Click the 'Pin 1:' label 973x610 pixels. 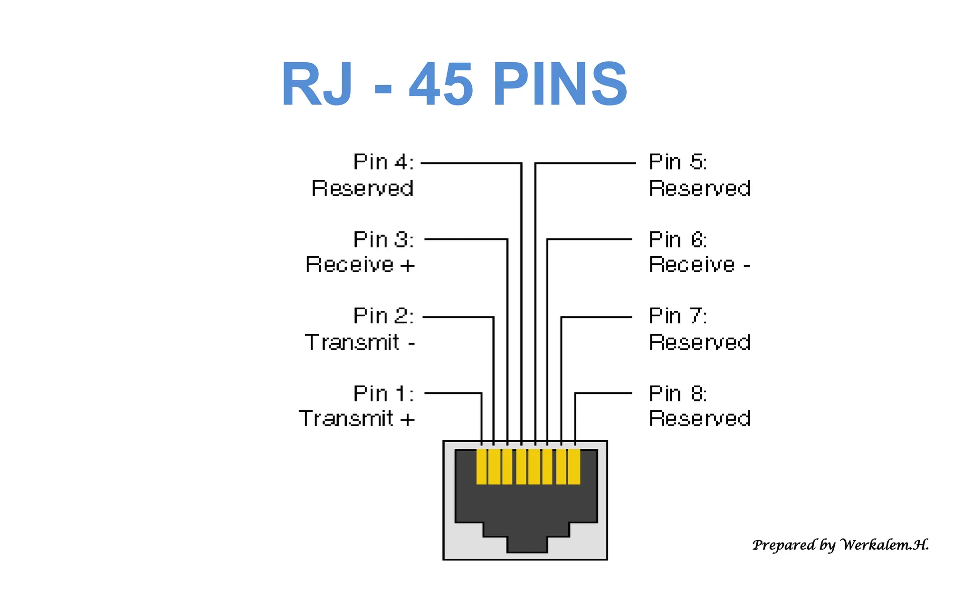click(383, 394)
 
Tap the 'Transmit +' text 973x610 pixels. click(356, 419)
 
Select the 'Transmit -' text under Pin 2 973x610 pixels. click(360, 342)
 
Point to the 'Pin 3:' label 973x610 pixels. click(383, 240)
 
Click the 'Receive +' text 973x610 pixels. click(360, 265)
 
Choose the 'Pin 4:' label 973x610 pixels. click(383, 162)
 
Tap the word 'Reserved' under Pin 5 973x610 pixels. click(699, 188)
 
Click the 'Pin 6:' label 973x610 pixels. click(677, 240)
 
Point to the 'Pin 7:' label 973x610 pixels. click(677, 316)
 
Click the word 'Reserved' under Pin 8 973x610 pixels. click(699, 419)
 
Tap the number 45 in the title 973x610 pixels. click(440, 85)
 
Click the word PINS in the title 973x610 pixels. click(561, 85)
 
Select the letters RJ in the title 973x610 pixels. click(317, 85)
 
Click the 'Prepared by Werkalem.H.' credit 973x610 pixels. click(840, 545)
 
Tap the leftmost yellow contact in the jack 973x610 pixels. click(481, 467)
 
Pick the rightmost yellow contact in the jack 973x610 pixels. click(574, 467)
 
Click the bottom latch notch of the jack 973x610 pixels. click(527, 544)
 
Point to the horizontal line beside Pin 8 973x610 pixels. click(603, 393)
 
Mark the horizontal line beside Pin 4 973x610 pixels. click(470, 163)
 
